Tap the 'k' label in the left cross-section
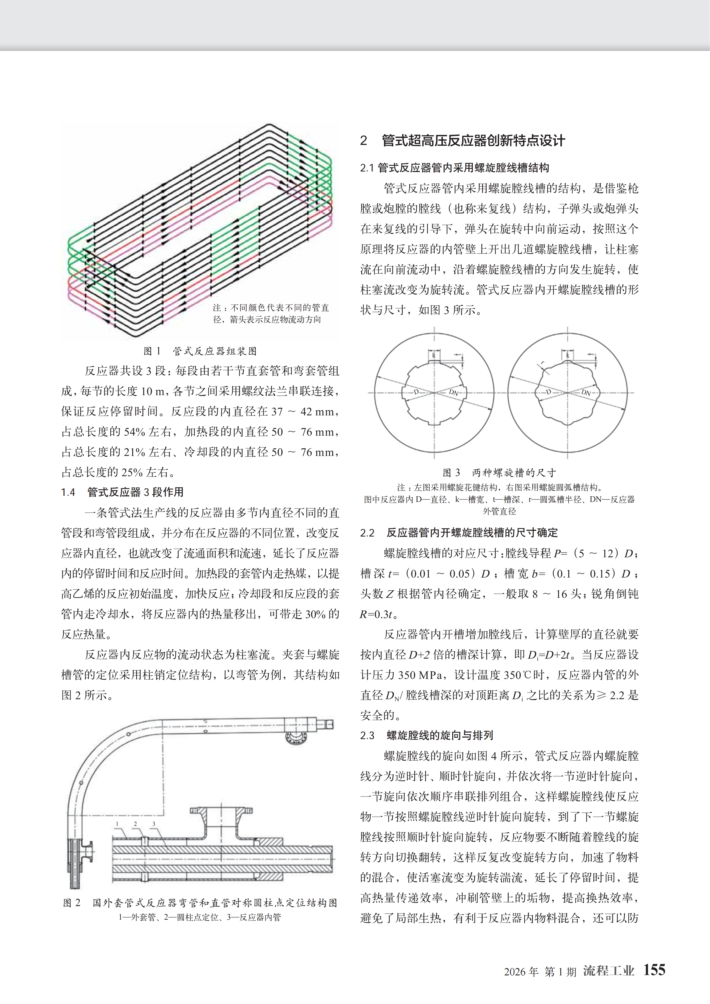pos(434,355)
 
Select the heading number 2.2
pos(367,533)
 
